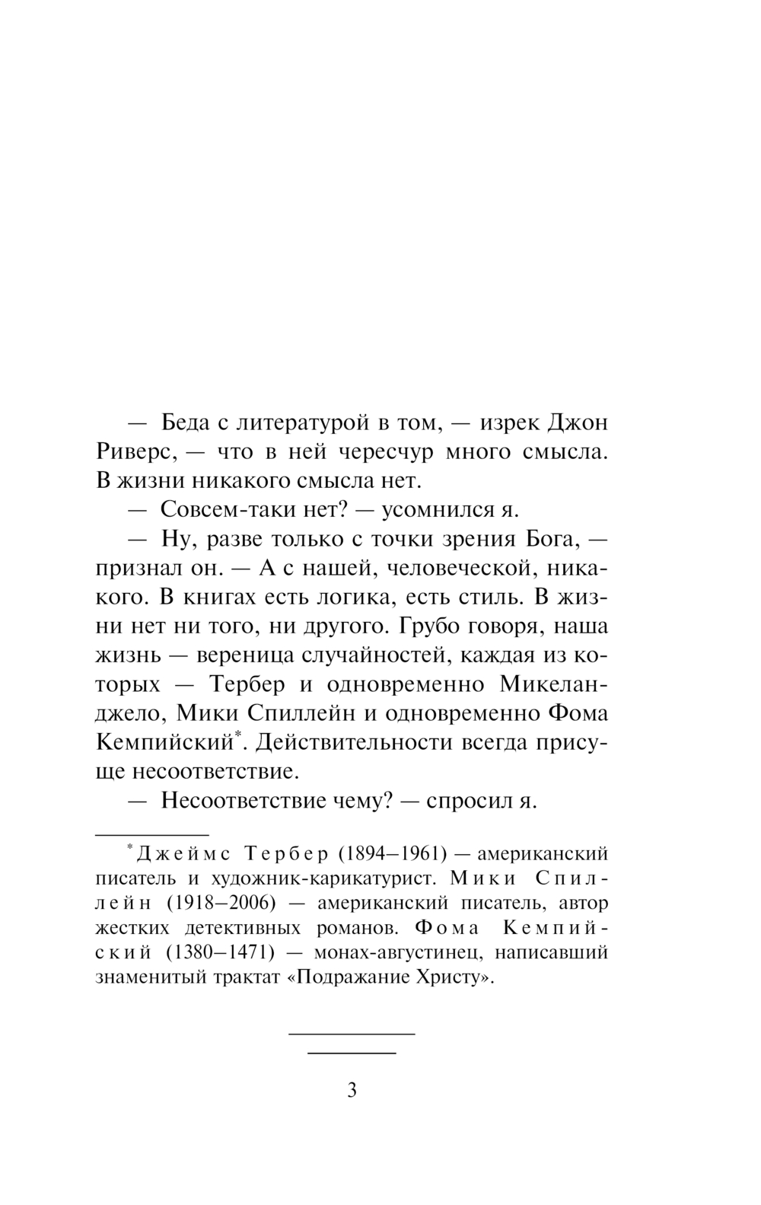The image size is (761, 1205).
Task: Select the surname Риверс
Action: point(136,452)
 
